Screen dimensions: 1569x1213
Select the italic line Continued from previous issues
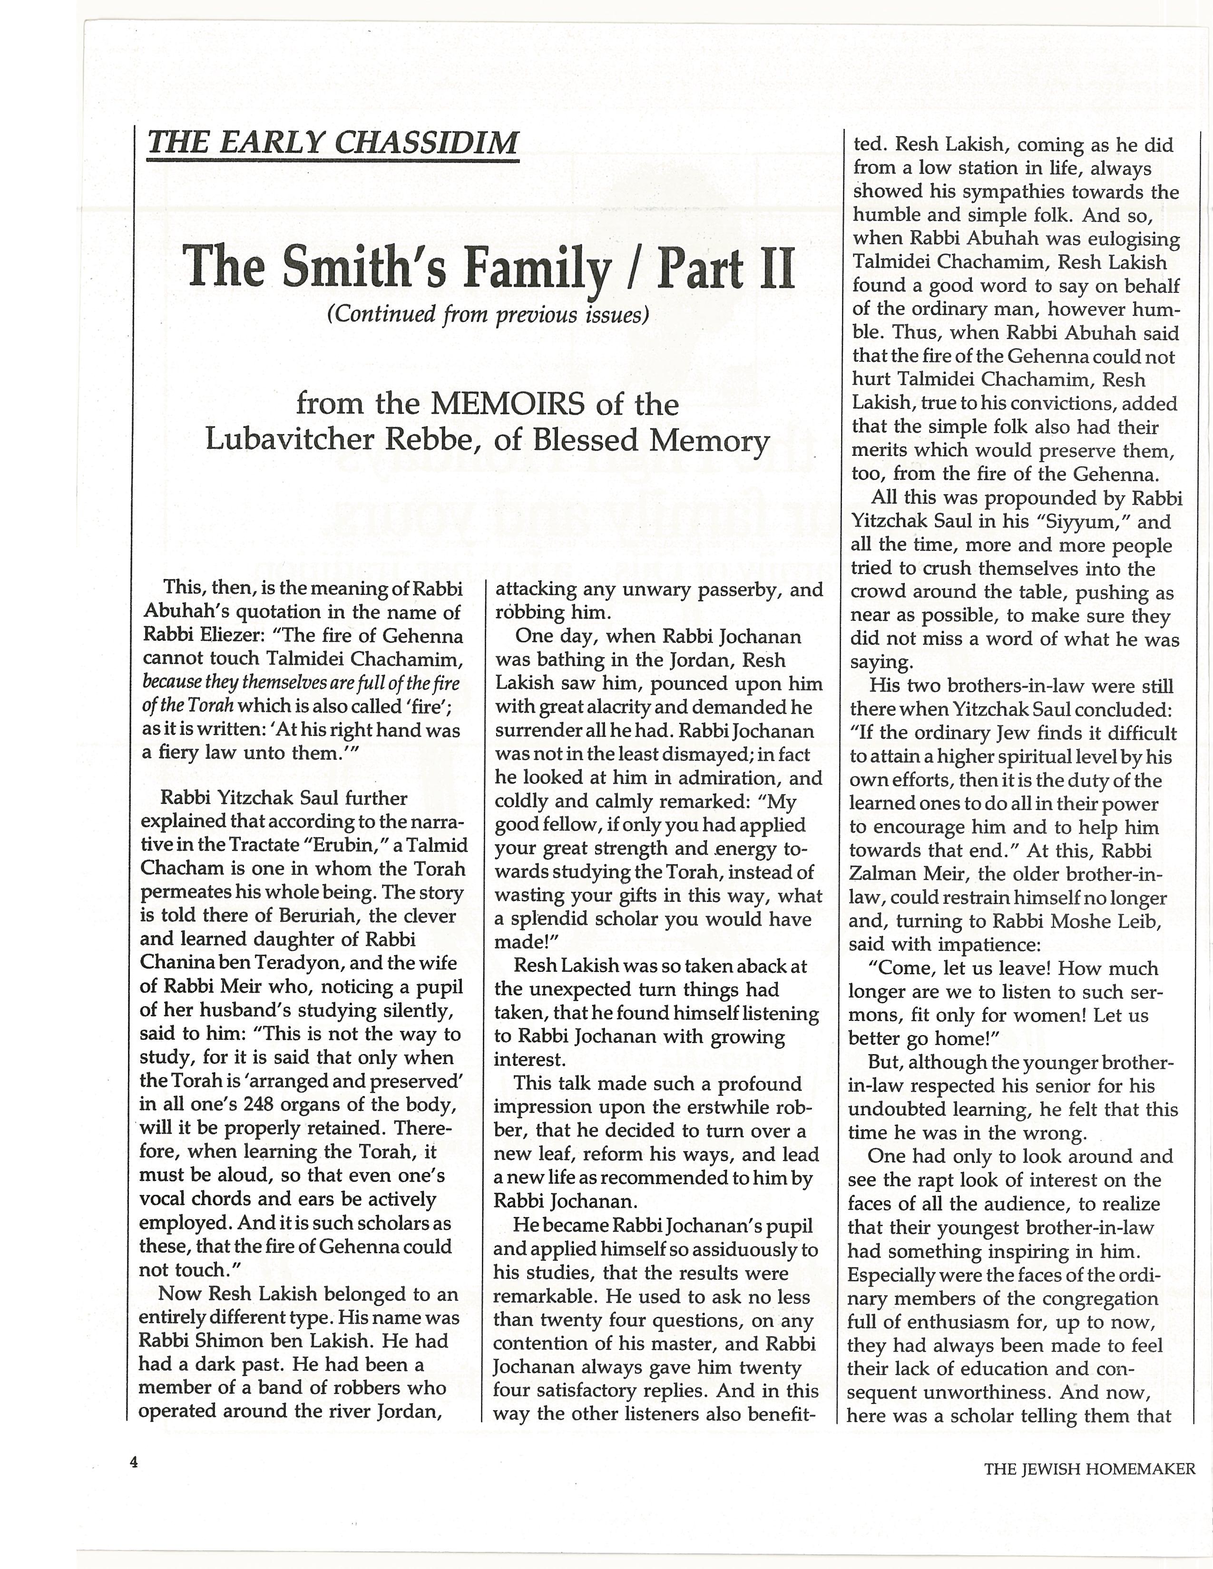tap(488, 315)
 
